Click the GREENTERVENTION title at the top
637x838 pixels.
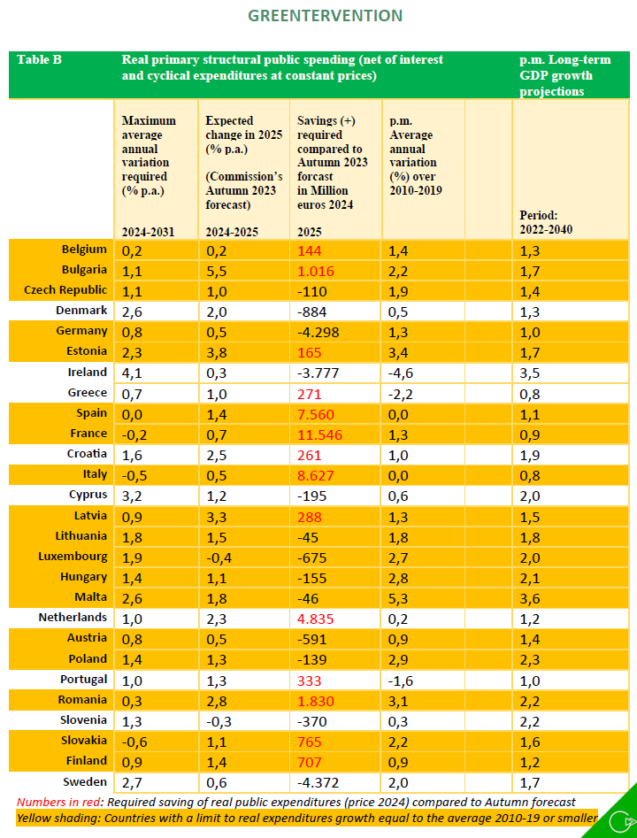[x=325, y=16]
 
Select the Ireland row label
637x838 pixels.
[x=88, y=373]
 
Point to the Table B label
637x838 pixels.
[x=39, y=60]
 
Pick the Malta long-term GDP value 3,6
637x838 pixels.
[x=531, y=597]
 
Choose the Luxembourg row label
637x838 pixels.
[x=73, y=557]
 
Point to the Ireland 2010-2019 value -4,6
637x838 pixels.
[x=401, y=373]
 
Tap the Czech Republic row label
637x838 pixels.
[x=67, y=290]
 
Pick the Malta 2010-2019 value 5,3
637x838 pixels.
[x=398, y=597]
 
